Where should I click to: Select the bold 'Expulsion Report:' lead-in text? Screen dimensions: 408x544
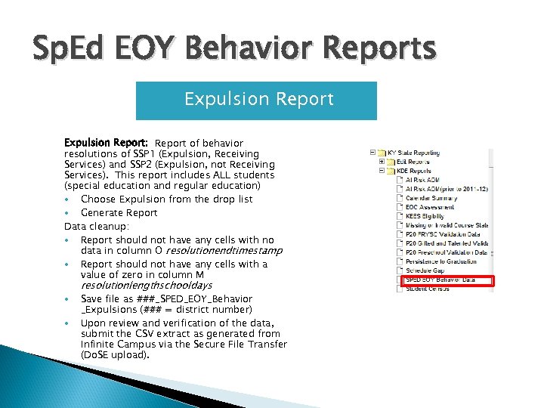pos(106,143)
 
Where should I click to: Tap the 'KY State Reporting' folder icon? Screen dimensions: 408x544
pos(384,153)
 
